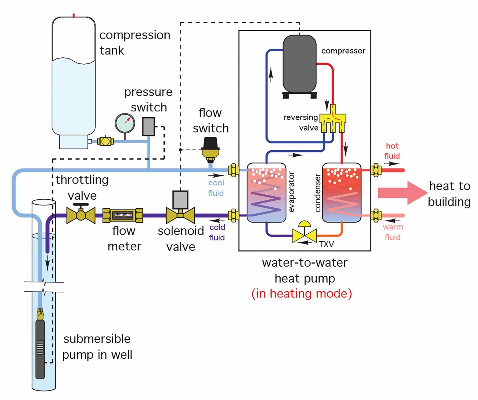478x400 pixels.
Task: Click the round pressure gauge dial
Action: click(x=125, y=123)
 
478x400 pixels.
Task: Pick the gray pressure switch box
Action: click(x=148, y=127)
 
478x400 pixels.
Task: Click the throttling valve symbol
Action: click(x=81, y=214)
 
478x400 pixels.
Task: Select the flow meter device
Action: click(x=123, y=215)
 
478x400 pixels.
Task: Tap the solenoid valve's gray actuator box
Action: click(x=180, y=199)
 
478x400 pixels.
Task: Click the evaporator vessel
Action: click(x=266, y=193)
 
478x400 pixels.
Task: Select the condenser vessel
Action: click(x=342, y=193)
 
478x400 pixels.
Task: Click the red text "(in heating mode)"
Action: click(x=302, y=293)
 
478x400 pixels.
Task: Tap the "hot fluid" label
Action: click(x=392, y=151)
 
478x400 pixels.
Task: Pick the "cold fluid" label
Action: click(x=217, y=232)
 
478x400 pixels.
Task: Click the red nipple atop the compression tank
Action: click(x=73, y=15)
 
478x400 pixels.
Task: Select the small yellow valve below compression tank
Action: click(x=105, y=141)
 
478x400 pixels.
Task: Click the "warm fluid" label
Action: click(x=392, y=232)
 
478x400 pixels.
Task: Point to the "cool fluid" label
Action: click(x=216, y=188)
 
